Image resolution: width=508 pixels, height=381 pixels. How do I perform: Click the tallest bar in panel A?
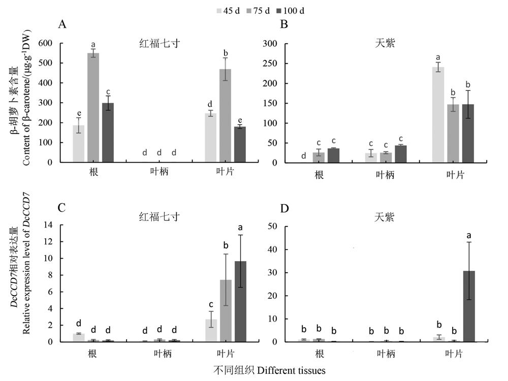click(93, 108)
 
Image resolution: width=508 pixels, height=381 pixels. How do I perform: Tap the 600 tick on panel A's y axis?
click(45, 44)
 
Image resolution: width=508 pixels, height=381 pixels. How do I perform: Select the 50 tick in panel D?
click(272, 227)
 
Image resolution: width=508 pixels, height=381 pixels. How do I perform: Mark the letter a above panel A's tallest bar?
click(93, 45)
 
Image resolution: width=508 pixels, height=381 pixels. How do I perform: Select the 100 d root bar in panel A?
click(108, 133)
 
